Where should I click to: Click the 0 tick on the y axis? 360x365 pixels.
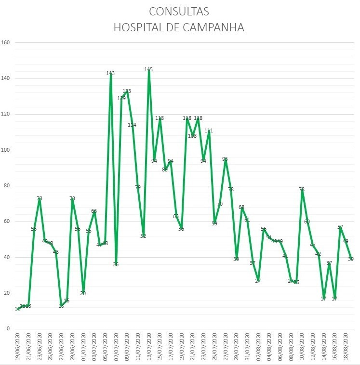(x=8, y=329)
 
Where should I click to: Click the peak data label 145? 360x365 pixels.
(x=148, y=70)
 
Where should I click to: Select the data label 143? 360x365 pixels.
(x=110, y=74)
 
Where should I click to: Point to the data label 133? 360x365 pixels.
(x=127, y=91)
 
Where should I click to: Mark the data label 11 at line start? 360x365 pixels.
(x=17, y=309)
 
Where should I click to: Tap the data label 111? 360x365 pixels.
(x=209, y=131)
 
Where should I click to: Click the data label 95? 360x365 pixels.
(x=225, y=159)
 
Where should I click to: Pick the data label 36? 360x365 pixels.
(x=116, y=264)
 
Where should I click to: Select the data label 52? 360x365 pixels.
(x=143, y=236)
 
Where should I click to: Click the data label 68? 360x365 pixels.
(x=241, y=208)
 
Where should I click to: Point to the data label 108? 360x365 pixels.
(x=192, y=136)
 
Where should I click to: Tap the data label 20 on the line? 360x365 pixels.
(x=83, y=293)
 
